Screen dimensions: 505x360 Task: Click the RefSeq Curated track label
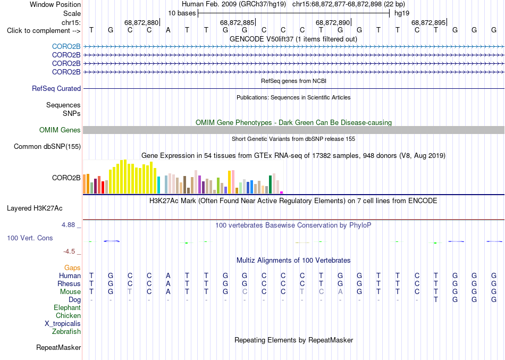56,88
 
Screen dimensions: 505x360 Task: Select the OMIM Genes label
60,130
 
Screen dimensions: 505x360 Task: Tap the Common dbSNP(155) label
47,146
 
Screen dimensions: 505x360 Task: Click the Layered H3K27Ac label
35,208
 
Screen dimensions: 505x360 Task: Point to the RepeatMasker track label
58,347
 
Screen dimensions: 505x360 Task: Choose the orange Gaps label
72,267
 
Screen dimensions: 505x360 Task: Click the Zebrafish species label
66,331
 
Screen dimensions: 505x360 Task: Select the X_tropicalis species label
63,324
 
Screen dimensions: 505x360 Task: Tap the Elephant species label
68,307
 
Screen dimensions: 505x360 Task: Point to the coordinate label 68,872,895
428,22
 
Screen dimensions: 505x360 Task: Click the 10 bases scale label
182,13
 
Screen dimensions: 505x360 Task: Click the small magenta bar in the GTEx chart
282,192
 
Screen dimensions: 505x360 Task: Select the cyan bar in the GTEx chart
158,185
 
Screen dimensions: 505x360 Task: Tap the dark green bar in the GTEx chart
271,185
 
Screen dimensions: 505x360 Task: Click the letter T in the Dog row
436,300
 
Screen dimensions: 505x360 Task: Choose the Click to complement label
44,31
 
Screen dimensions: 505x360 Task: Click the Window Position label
55,4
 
